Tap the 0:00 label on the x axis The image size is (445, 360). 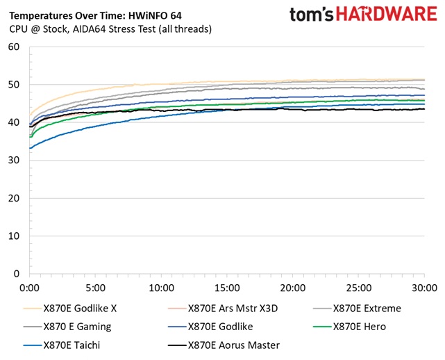tap(29, 287)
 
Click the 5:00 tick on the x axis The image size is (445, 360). tap(95, 287)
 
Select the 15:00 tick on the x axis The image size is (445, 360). tap(227, 287)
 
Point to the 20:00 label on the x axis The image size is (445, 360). tap(292, 287)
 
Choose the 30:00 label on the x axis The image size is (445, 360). tap(423, 287)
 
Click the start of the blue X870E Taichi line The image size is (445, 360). tap(30, 148)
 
